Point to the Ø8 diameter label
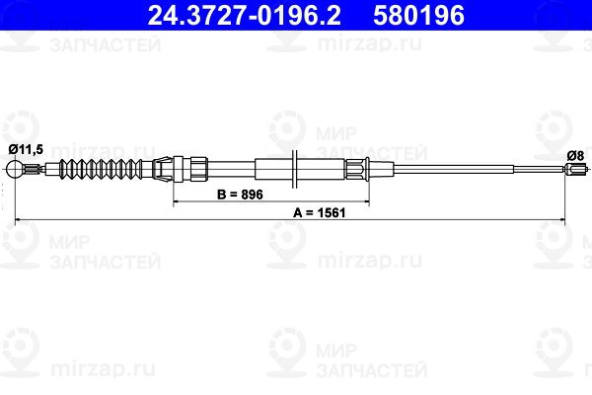tap(576, 154)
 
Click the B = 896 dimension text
tap(239, 195)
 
